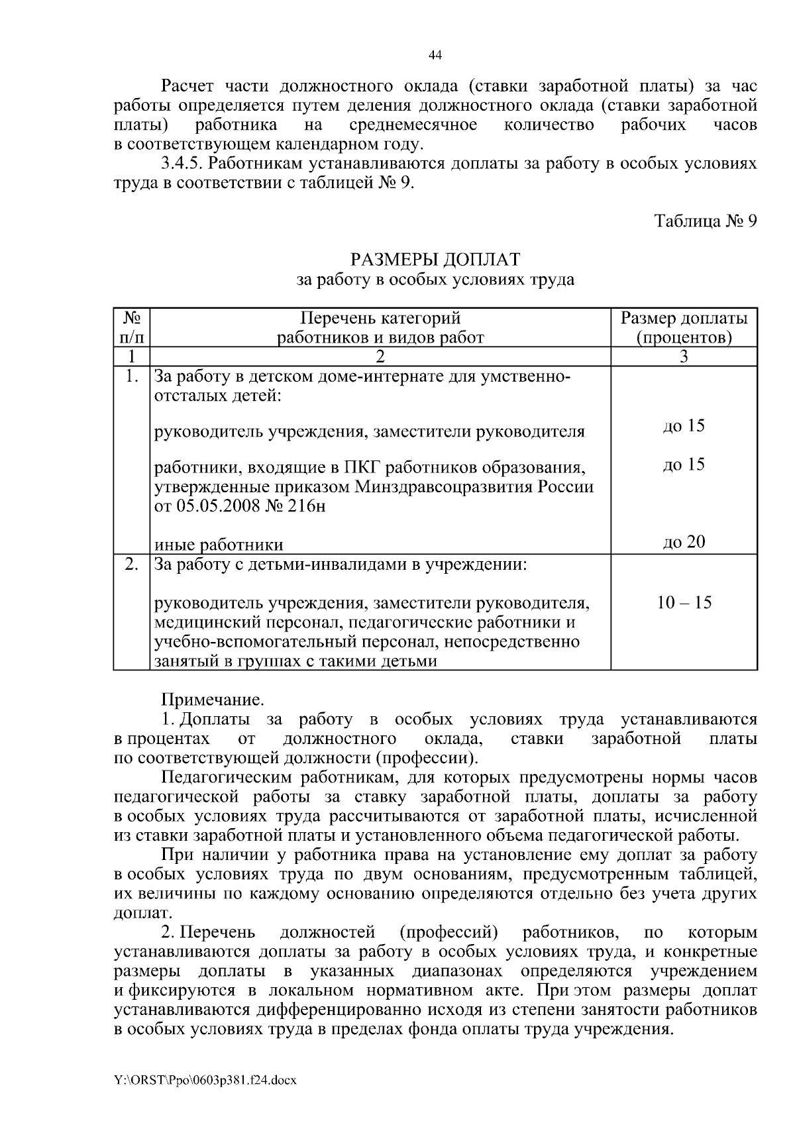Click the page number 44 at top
[435, 56]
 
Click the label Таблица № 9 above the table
[705, 221]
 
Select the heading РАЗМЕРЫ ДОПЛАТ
[435, 258]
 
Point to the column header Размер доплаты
[684, 319]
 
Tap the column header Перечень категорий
[380, 319]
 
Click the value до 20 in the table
[684, 542]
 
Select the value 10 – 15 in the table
[684, 603]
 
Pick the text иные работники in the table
[219, 545]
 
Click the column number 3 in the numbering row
[684, 357]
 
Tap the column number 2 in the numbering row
[380, 357]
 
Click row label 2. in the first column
[132, 565]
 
